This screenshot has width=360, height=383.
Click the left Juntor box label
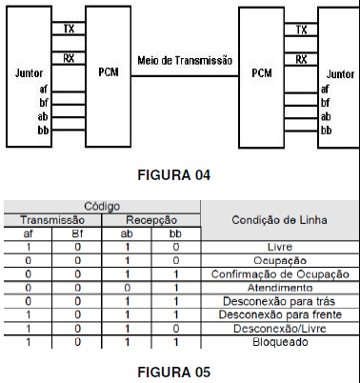(x=30, y=71)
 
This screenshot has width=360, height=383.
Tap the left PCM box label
(x=109, y=71)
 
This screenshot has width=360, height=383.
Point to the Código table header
(x=102, y=206)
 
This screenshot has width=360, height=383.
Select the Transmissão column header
(x=52, y=218)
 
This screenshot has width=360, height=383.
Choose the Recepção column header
(x=150, y=218)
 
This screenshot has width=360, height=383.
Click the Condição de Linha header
(x=281, y=220)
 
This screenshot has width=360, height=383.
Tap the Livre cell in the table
(x=281, y=247)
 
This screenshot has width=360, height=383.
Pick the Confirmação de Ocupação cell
(x=281, y=273)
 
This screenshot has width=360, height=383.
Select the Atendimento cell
(x=281, y=287)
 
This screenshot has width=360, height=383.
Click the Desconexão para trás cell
(x=281, y=300)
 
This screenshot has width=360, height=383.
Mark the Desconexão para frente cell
(x=281, y=313)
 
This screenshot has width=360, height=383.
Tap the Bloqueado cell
(x=281, y=341)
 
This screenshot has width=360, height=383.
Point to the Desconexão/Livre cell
(x=281, y=328)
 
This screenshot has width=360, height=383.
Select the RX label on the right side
(x=302, y=59)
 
